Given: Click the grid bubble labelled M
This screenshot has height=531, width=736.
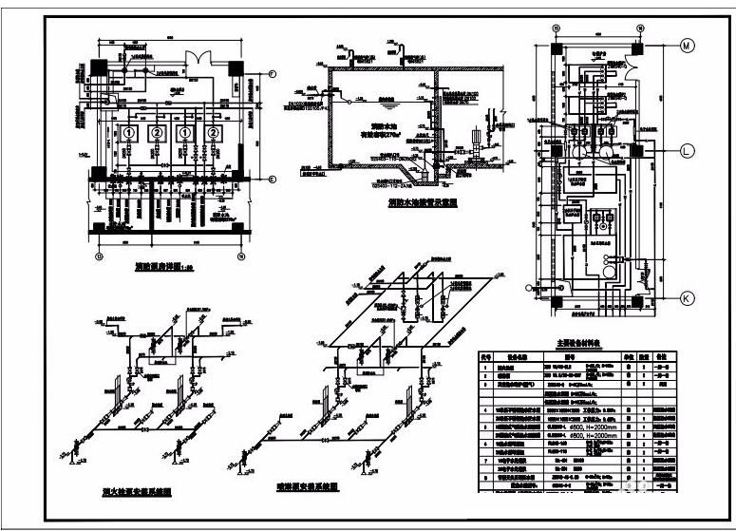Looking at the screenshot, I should [688, 45].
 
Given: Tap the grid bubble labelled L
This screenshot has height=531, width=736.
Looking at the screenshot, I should [688, 149].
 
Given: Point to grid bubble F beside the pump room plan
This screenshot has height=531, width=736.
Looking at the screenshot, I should [271, 74].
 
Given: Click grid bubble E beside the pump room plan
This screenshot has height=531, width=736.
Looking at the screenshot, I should [271, 180].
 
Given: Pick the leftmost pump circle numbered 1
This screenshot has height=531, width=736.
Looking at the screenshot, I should [129, 134].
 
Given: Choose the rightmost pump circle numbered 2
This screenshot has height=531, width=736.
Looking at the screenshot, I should [213, 134].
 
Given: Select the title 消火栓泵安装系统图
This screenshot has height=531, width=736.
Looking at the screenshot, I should [137, 492].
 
